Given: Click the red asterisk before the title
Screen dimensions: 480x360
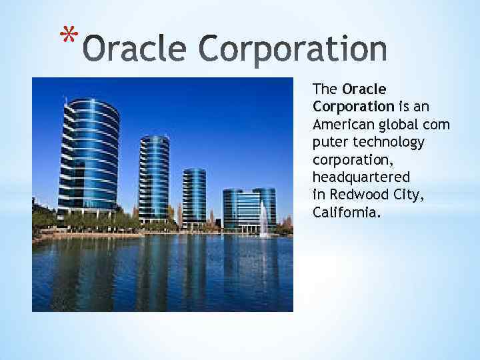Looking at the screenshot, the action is tap(69, 33).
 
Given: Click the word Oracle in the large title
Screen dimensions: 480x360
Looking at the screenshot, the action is tap(135, 49).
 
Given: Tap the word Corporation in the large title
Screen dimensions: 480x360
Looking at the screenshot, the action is tap(293, 50).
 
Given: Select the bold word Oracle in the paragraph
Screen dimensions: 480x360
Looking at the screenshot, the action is tap(364, 89).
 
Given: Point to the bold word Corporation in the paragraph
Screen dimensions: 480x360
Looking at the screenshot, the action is tap(353, 107).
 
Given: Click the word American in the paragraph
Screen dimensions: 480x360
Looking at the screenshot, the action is tap(343, 125).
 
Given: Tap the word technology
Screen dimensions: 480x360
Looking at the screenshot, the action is tap(389, 143).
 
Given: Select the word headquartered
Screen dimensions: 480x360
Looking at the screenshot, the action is tap(361, 177).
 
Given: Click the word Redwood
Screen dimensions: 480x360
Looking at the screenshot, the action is tap(359, 195).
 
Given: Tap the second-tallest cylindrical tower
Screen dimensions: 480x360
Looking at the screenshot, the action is tap(154, 179).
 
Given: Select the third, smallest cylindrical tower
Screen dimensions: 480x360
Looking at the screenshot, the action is tap(194, 198).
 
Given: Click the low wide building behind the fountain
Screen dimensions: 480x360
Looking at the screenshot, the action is tap(249, 210).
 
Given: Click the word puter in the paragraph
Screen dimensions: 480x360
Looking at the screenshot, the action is tap(330, 143).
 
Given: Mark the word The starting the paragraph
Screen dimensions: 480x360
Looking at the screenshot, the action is tap(325, 89).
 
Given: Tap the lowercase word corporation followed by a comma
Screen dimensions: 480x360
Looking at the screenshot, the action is tap(353, 161).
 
